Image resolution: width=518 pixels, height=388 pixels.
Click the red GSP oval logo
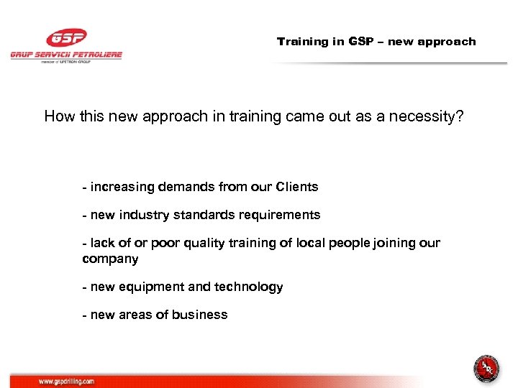pyautogui.click(x=66, y=38)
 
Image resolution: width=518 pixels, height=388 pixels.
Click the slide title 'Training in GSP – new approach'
pyautogui.click(x=376, y=42)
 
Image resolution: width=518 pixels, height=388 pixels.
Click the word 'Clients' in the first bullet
pyautogui.click(x=296, y=187)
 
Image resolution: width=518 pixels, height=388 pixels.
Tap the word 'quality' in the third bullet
pyautogui.click(x=209, y=243)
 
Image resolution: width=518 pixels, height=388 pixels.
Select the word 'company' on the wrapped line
pyautogui.click(x=110, y=259)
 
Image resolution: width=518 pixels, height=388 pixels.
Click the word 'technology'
pyautogui.click(x=249, y=287)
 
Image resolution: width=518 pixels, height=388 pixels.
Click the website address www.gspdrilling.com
pyautogui.click(x=67, y=382)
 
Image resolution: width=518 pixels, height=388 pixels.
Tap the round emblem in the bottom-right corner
pyautogui.click(x=486, y=369)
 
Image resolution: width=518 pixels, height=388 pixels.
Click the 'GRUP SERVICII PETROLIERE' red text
pyautogui.click(x=66, y=55)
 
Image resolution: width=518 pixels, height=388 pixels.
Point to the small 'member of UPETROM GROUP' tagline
pyautogui.click(x=66, y=63)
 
